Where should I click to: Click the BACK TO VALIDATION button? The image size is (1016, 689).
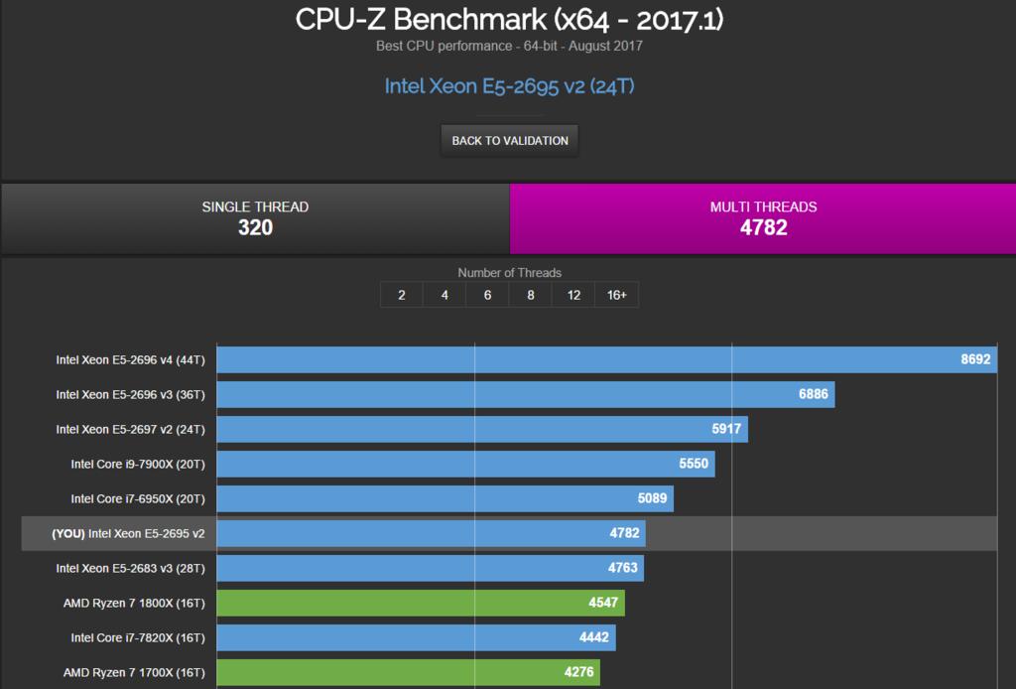tap(510, 141)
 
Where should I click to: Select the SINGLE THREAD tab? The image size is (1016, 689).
tap(255, 218)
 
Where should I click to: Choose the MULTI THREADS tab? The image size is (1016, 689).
tap(763, 218)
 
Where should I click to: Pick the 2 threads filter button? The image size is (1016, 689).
tap(401, 295)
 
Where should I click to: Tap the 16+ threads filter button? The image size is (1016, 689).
tap(616, 295)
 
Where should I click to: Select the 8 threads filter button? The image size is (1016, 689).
tap(531, 295)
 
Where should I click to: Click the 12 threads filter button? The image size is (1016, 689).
tap(573, 295)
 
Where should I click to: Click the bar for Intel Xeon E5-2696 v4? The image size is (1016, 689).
tap(595, 360)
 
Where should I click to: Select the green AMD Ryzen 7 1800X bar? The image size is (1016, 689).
tap(417, 603)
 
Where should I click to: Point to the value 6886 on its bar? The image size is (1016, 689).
tap(813, 395)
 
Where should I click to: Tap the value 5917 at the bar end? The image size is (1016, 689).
tap(726, 430)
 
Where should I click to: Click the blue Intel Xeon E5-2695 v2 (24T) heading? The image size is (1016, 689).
tap(509, 86)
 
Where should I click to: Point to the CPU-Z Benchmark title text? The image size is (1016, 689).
tap(508, 20)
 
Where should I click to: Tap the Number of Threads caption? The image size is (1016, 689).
tap(509, 272)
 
